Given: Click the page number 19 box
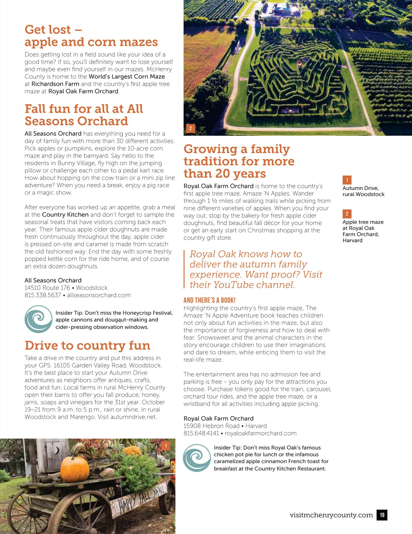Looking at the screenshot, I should pyautogui.click(x=382, y=515).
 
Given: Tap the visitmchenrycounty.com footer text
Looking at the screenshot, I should pyautogui.click(x=331, y=515).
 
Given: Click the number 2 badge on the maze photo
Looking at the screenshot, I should pyautogui.click(x=191, y=129).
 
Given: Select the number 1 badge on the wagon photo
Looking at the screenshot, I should pyautogui.click(x=166, y=446).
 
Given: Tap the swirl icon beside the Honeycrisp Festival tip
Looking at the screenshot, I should pyautogui.click(x=38, y=319).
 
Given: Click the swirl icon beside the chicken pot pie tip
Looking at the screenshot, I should pyautogui.click(x=197, y=458).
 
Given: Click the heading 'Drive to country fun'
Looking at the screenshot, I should pyautogui.click(x=88, y=345).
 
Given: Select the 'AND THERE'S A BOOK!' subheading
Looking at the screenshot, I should pyautogui.click(x=209, y=300).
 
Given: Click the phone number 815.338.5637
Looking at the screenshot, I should pyautogui.click(x=43, y=295).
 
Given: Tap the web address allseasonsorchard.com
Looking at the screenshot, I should pyautogui.click(x=99, y=295).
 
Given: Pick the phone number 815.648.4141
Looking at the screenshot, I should pyautogui.click(x=201, y=433).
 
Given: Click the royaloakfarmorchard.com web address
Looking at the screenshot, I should pyautogui.click(x=261, y=433).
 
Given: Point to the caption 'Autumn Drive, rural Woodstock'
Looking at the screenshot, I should pyautogui.click(x=363, y=191).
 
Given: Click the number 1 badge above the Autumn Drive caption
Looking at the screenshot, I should pyautogui.click(x=347, y=180).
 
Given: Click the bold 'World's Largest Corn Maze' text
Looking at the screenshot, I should pyautogui.click(x=127, y=76).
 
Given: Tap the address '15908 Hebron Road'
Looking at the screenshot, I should pyautogui.click(x=211, y=426).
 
